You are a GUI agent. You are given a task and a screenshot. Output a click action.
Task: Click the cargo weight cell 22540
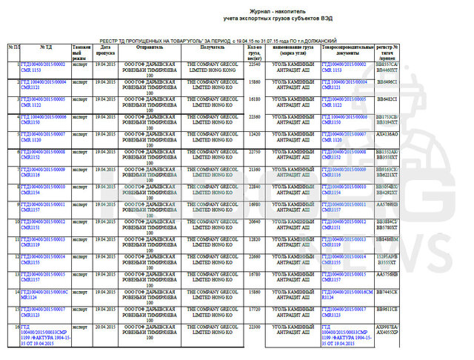[x=254, y=64]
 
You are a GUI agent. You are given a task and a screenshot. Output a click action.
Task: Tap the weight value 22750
[x=254, y=151]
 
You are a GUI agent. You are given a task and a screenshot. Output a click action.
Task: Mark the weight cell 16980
[x=254, y=203]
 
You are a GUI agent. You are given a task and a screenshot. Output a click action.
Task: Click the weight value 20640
[x=254, y=221]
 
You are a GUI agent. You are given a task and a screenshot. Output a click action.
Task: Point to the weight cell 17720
[x=254, y=307]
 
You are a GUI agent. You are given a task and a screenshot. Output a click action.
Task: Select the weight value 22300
[x=254, y=325]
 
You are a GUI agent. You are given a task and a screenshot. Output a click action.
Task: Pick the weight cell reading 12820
[x=254, y=239]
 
